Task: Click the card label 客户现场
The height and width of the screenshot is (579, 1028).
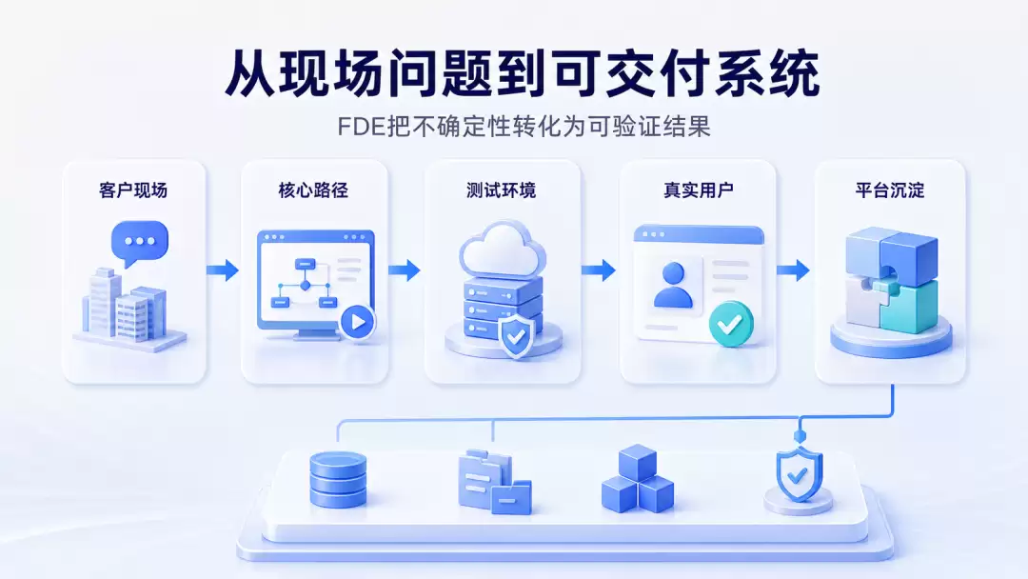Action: (133, 190)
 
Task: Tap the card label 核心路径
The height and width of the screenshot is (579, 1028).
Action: (313, 190)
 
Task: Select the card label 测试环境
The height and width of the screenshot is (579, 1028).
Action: (502, 190)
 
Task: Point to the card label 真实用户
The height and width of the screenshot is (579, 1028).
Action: (699, 190)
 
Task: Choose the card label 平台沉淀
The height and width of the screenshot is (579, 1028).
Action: (890, 190)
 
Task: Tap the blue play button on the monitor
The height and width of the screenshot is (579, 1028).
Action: (358, 322)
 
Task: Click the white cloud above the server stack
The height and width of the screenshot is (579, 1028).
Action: (503, 251)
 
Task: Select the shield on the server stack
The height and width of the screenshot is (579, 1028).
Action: (516, 336)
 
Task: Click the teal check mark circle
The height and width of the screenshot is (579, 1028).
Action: (730, 323)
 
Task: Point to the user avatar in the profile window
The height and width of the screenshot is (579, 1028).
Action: (673, 285)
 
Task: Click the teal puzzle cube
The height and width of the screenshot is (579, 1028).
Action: (909, 306)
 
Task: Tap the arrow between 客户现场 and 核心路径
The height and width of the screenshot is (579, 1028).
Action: (223, 270)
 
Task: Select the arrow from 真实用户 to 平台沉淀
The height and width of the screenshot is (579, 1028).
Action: (793, 270)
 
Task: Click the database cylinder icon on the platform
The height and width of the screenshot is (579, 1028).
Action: (338, 480)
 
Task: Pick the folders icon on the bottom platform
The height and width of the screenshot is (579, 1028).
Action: (494, 482)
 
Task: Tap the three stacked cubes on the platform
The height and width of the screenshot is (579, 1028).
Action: (637, 479)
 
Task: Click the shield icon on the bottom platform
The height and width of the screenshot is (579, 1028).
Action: (800, 475)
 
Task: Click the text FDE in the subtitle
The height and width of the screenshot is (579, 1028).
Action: (361, 127)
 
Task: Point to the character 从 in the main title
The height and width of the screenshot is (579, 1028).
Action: (250, 73)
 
